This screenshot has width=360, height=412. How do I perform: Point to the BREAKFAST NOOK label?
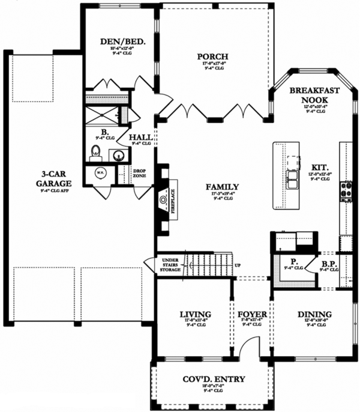315,95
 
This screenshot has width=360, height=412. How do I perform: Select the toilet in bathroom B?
95,151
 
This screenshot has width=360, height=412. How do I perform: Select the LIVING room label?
195,314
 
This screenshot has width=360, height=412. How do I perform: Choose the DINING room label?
314,314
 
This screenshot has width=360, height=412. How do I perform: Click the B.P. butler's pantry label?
328,262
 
